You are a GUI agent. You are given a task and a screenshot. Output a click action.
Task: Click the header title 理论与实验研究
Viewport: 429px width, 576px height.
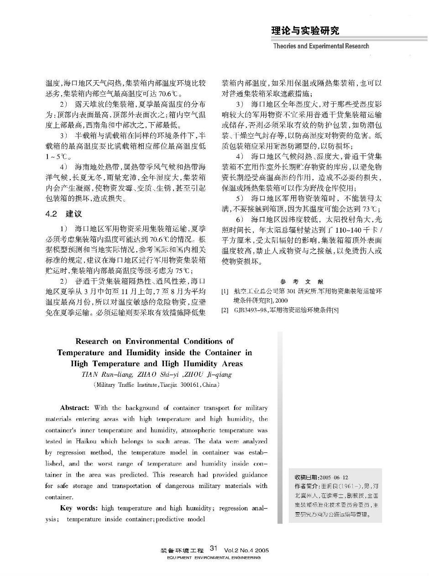(305, 31)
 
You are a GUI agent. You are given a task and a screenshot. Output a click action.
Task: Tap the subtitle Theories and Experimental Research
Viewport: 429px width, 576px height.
(321, 46)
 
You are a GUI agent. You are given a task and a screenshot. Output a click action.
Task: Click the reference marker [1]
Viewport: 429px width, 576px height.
(224, 291)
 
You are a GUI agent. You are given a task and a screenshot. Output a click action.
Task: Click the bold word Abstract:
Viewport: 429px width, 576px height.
(77, 408)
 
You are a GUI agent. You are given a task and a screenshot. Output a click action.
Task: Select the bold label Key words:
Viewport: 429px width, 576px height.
(79, 508)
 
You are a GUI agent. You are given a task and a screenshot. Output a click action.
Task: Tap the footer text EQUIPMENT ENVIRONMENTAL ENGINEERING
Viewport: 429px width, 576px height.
(214, 558)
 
